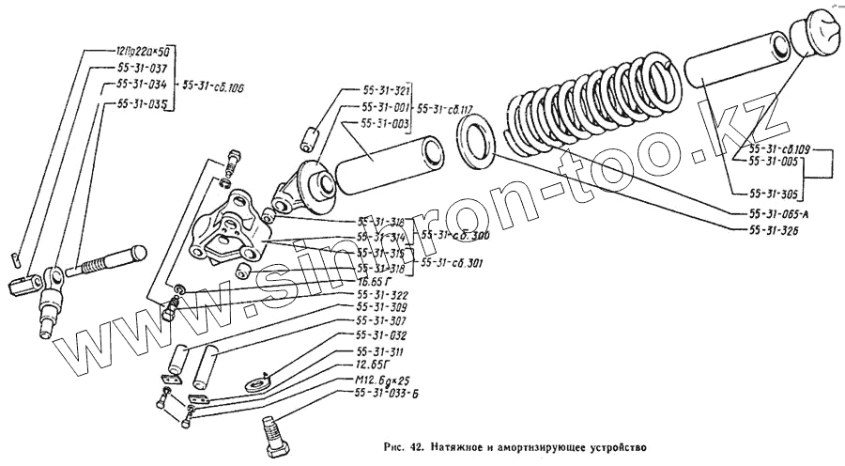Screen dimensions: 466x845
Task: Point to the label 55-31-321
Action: pos(386,92)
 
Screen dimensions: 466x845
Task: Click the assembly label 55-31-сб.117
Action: pos(447,108)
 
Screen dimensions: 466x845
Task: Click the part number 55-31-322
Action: pos(382,294)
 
